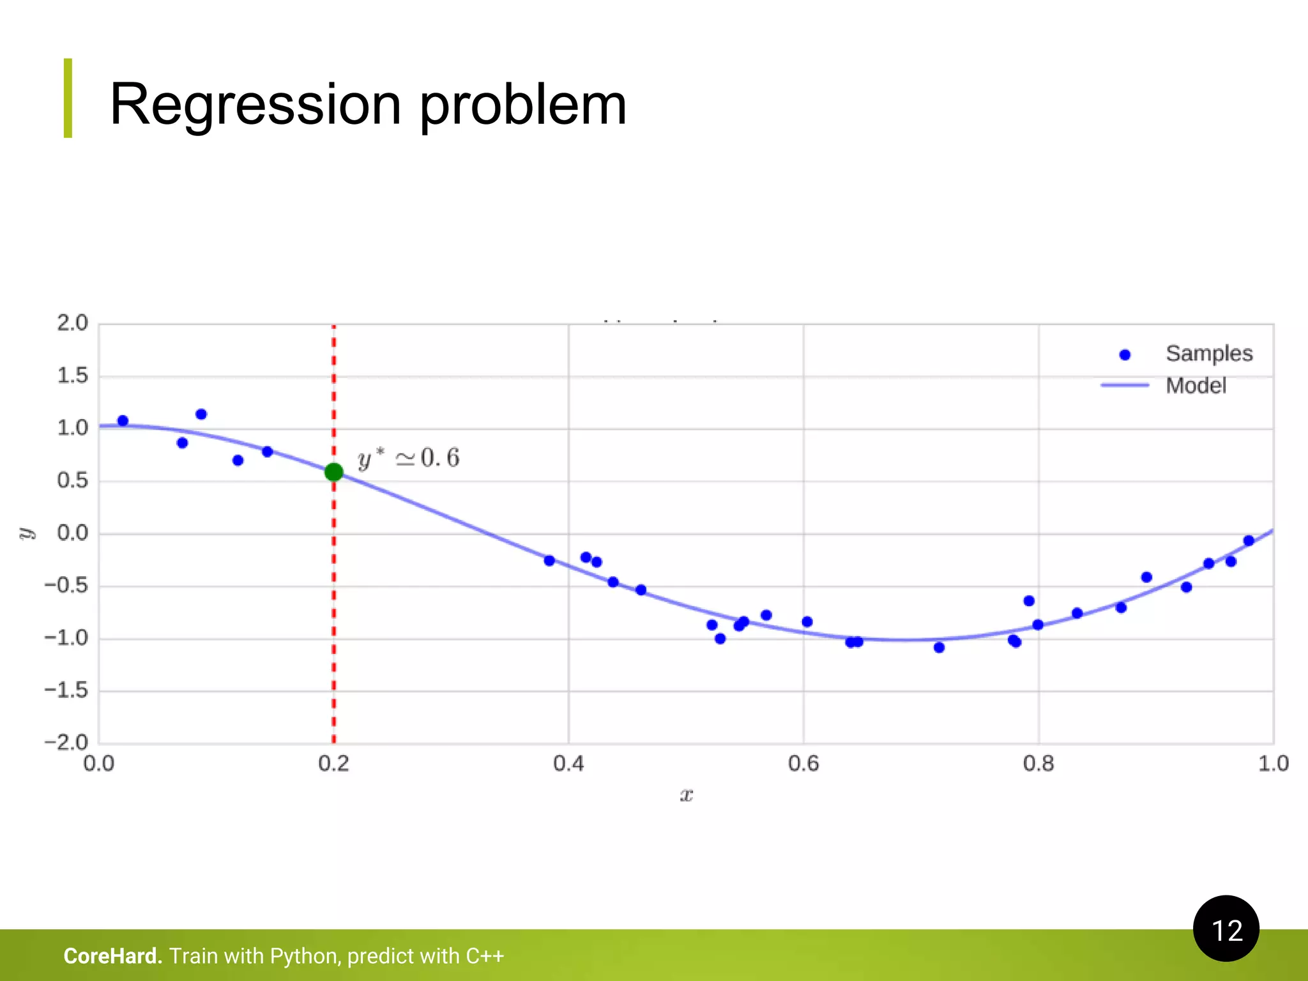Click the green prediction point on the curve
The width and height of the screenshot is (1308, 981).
pos(333,472)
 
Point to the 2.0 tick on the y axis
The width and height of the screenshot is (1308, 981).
pos(72,323)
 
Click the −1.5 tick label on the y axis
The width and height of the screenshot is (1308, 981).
pos(66,690)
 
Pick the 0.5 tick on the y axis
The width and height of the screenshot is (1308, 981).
pos(72,480)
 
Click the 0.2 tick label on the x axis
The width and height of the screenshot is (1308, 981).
pos(333,764)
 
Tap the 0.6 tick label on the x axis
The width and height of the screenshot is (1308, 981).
pos(803,764)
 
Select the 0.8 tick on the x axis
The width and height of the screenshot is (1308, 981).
pos(1038,764)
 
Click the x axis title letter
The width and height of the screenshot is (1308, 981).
pos(686,795)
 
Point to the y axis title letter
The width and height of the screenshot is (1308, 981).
pos(26,533)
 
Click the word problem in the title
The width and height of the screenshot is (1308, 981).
pos(522,105)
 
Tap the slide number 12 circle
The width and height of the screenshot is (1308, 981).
pos(1226,929)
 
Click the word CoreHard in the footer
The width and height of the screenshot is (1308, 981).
pos(112,956)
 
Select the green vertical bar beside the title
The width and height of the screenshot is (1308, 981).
pos(68,98)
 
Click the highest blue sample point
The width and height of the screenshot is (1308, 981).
pos(201,414)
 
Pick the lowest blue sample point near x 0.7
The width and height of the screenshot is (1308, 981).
pos(939,648)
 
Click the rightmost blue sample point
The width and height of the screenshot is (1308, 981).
pos(1249,541)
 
